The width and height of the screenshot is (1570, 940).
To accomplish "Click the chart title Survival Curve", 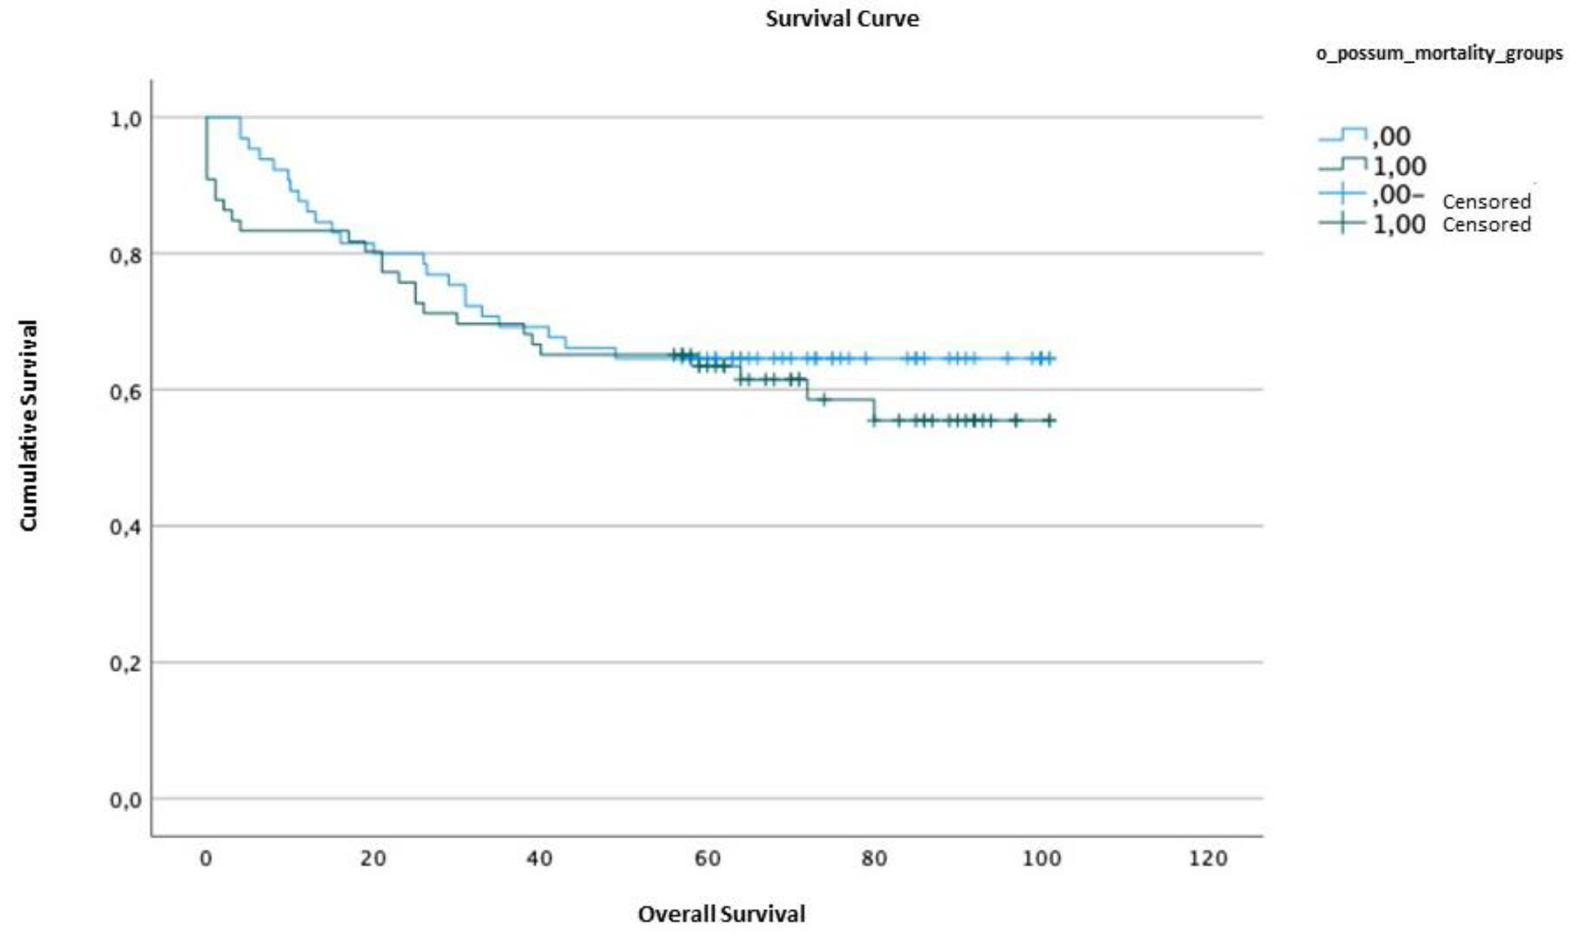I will point(842,19).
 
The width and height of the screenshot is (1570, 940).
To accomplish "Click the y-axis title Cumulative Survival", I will point(28,426).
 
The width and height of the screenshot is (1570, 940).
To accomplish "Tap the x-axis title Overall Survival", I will point(721,914).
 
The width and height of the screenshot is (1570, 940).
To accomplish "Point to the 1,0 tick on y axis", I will point(125,119).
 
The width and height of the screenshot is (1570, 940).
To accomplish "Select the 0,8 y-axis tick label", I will point(125,255).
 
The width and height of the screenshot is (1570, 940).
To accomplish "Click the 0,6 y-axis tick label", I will point(125,391).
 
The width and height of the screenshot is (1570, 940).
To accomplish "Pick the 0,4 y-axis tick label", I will point(125,527).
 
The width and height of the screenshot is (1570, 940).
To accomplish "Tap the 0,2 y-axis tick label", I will point(125,664).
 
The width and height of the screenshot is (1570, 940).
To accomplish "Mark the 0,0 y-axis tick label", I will point(125,800).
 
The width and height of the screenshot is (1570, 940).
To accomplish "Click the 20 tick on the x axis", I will point(373,859).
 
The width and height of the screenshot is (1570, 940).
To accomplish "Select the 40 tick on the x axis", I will point(539,859).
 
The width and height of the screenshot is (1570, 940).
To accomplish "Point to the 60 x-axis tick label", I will point(707,859).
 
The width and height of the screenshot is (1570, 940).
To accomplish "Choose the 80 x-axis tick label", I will point(874,859).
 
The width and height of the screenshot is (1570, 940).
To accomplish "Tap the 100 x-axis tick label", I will point(1041,859).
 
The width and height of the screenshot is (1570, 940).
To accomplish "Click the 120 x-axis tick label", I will point(1209,859).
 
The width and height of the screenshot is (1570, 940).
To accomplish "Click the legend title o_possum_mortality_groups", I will point(1439,54).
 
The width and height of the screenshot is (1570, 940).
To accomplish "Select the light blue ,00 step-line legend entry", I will point(1364,136).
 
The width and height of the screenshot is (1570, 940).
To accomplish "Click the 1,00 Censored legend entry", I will point(1424,224).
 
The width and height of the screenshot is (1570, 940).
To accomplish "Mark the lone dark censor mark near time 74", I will point(823,400).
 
